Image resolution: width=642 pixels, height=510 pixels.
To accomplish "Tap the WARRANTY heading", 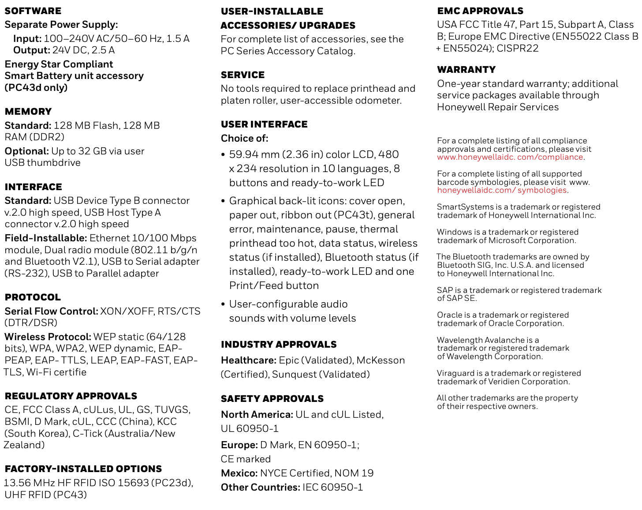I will [466, 70].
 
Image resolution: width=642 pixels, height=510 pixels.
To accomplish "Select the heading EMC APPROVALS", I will [480, 11].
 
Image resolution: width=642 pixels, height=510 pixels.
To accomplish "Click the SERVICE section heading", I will [243, 75].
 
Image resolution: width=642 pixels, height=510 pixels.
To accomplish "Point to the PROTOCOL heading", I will [33, 297].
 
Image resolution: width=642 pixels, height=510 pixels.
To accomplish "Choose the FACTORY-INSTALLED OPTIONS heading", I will [83, 469].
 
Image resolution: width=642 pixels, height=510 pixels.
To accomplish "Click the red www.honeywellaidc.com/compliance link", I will [510, 157].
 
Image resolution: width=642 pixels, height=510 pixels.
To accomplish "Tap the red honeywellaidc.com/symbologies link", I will [502, 190].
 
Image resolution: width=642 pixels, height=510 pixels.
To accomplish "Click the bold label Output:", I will [31, 50].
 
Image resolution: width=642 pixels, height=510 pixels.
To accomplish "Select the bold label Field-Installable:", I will [46, 238].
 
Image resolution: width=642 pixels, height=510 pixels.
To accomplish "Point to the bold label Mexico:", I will [239, 473].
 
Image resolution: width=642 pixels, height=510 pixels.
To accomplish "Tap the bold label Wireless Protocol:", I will [48, 337].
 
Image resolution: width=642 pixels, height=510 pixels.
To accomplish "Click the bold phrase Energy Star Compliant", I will [59, 64].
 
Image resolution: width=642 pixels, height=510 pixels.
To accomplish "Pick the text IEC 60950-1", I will [333, 487].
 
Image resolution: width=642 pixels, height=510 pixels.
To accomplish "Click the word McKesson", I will [381, 360].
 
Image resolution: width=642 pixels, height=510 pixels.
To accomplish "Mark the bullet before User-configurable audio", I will [223, 304].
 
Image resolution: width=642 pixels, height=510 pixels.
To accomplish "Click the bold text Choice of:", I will [244, 139].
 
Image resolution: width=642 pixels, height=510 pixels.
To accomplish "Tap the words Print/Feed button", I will [274, 286].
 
